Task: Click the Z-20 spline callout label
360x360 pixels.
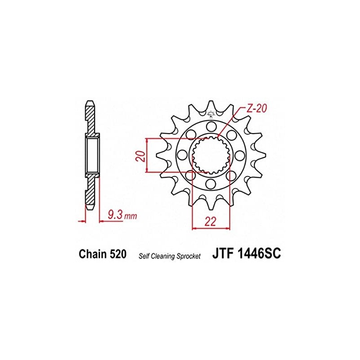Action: click(256, 108)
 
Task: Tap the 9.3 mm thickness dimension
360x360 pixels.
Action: click(122, 216)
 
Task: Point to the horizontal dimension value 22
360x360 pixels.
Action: click(211, 221)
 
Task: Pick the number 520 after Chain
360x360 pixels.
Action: click(118, 254)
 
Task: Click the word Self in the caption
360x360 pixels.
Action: click(143, 256)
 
